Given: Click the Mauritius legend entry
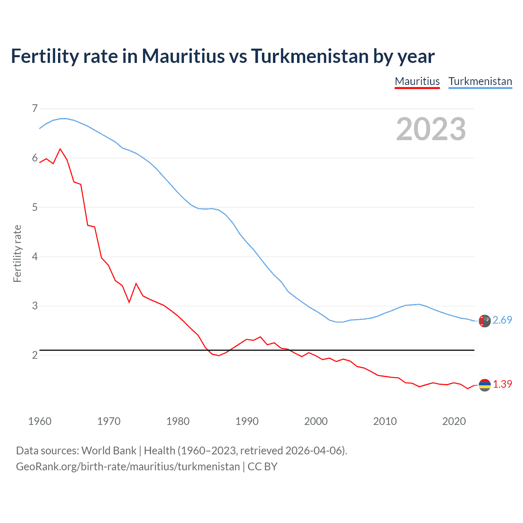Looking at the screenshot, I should pyautogui.click(x=417, y=81).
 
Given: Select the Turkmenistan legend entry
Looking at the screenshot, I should pyautogui.click(x=480, y=81).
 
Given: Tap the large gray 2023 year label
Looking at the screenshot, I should pyautogui.click(x=431, y=129).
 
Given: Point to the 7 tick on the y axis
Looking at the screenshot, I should pyautogui.click(x=35, y=108).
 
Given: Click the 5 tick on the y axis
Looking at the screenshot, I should pyautogui.click(x=35, y=207).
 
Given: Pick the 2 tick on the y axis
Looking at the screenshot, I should pyautogui.click(x=35, y=355).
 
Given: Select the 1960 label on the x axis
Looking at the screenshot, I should pyautogui.click(x=40, y=421).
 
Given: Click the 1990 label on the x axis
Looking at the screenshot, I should pyautogui.click(x=247, y=421).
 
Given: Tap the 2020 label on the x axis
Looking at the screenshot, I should pyautogui.click(x=454, y=421).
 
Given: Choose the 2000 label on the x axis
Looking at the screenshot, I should pyautogui.click(x=316, y=421).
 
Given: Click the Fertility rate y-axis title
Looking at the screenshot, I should pyautogui.click(x=17, y=253).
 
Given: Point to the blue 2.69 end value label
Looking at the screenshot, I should pyautogui.click(x=502, y=320).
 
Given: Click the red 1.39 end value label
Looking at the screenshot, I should pyautogui.click(x=502, y=384).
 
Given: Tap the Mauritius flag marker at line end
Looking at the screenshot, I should pyautogui.click(x=485, y=385).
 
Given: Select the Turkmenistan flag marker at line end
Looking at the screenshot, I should pyautogui.click(x=485, y=321).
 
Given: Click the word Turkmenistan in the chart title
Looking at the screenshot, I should pyautogui.click(x=309, y=56).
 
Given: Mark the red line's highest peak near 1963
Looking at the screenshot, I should pyautogui.click(x=60, y=149).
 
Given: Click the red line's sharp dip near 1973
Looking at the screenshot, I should pyautogui.click(x=129, y=302).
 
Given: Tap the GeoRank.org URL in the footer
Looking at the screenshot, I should pyautogui.click(x=128, y=467).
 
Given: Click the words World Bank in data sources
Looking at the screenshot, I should pyautogui.click(x=109, y=451).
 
